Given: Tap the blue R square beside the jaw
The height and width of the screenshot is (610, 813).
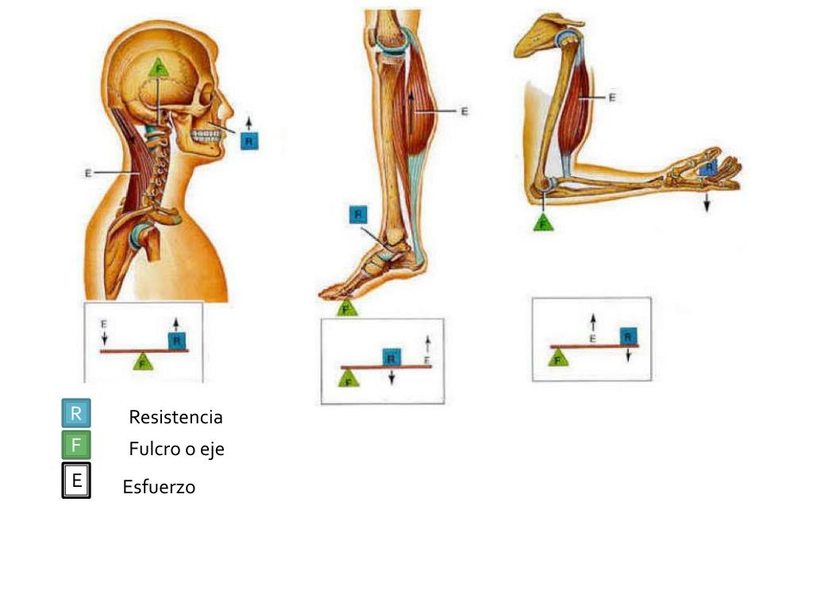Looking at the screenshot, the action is (249, 141).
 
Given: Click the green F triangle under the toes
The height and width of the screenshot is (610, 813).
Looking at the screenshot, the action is (346, 307).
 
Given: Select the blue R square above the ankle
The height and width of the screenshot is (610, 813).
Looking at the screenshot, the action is (358, 214).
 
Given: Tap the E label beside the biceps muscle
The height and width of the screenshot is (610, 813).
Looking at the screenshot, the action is (611, 98).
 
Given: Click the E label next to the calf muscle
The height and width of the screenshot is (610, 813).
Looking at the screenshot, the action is (464, 112).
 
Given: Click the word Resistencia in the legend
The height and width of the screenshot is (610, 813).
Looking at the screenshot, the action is (175, 417).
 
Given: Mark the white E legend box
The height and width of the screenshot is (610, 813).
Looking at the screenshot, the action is (77, 481).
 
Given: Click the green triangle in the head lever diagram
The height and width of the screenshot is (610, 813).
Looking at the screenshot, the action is (143, 362).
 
